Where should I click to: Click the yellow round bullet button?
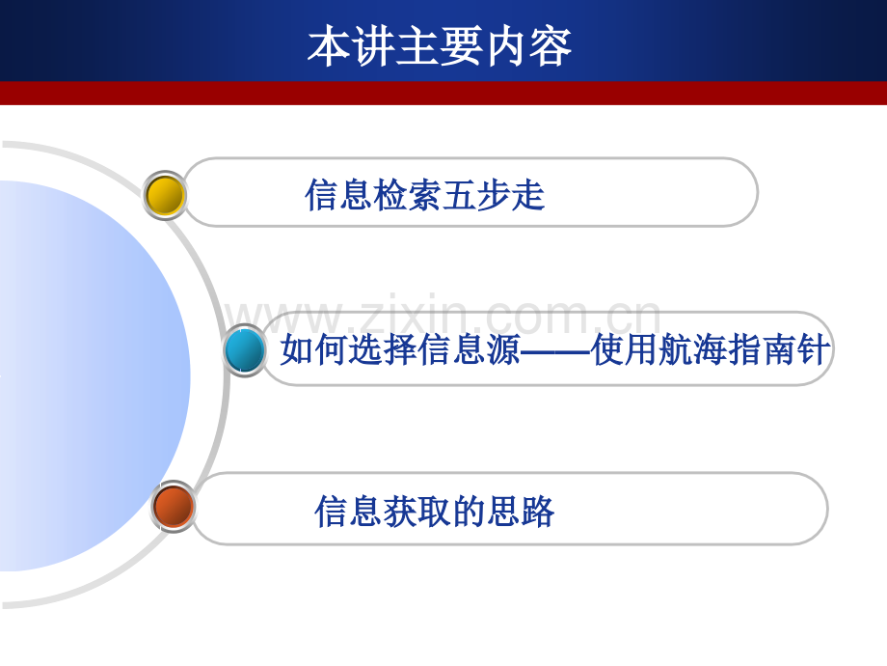coord(165,195)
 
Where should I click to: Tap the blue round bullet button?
coord(244,350)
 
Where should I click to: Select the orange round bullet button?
coord(174,507)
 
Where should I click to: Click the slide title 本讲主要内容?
coord(440,46)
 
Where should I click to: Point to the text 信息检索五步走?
coord(425,195)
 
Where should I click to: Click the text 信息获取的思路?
coord(435,512)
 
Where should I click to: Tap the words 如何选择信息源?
coord(400,348)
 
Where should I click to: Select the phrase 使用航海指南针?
coord(711,348)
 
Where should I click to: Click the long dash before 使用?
coord(555,351)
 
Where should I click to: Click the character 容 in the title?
coord(550,47)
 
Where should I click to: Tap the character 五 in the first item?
coord(459,195)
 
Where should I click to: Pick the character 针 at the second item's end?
coord(814,348)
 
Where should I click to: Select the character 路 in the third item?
coord(537,512)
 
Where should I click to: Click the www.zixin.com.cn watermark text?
coord(443,315)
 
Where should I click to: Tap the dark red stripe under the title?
coord(443,93)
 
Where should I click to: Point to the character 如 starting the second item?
coord(298,348)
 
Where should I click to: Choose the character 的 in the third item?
coord(469,512)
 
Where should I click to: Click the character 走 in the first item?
coord(527,195)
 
